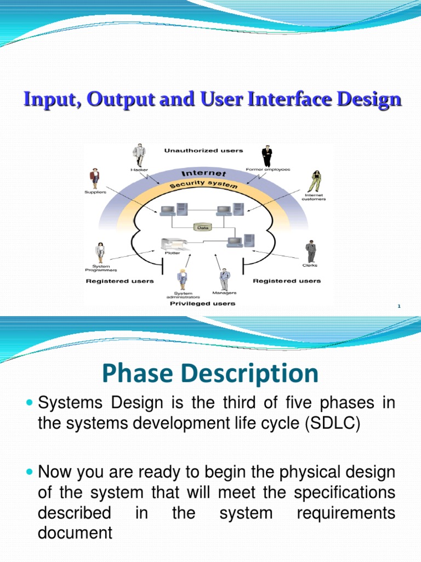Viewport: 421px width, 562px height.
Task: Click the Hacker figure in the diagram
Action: pyautogui.click(x=139, y=155)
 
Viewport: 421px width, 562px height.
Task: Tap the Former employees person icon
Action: pyautogui.click(x=267, y=156)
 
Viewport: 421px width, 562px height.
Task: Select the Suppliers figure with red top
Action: pyautogui.click(x=95, y=178)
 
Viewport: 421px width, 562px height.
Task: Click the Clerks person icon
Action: pyautogui.click(x=310, y=251)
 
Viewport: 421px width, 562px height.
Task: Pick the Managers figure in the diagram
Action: pyautogui.click(x=225, y=279)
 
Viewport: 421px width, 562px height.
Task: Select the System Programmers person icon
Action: pyautogui.click(x=100, y=252)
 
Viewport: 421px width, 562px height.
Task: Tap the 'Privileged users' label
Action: pyautogui.click(x=202, y=304)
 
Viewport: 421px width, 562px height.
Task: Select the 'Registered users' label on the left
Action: pyautogui.click(x=120, y=281)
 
